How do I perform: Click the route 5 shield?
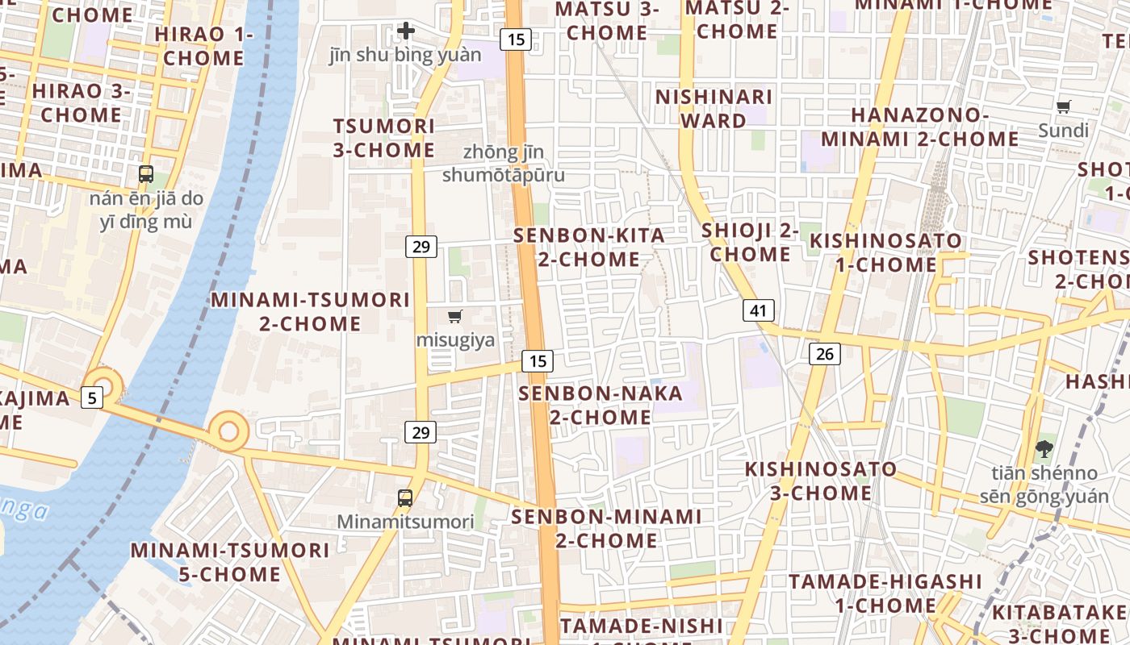pyautogui.click(x=92, y=397)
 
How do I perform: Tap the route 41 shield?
pyautogui.click(x=758, y=310)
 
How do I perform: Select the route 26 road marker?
pyautogui.click(x=824, y=353)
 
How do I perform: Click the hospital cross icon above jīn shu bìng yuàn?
pyautogui.click(x=405, y=31)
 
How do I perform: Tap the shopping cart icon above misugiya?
pyautogui.click(x=455, y=317)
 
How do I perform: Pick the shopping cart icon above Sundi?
pyautogui.click(x=1064, y=107)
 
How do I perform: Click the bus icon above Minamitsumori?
pyautogui.click(x=405, y=498)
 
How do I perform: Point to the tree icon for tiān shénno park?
pyautogui.click(x=1044, y=449)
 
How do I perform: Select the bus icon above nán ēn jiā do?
pyautogui.click(x=146, y=173)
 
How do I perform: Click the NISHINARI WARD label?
pyautogui.click(x=714, y=109)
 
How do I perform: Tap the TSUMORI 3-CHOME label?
pyautogui.click(x=384, y=138)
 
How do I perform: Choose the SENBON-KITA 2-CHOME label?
pyautogui.click(x=589, y=248)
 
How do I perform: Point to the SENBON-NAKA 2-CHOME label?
pyautogui.click(x=601, y=405)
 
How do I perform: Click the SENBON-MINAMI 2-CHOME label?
pyautogui.click(x=606, y=528)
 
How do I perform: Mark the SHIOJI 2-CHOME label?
pyautogui.click(x=750, y=242)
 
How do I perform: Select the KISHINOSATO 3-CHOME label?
pyautogui.click(x=820, y=481)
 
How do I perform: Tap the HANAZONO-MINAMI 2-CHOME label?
pyautogui.click(x=934, y=127)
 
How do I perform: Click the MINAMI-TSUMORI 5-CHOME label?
pyautogui.click(x=230, y=562)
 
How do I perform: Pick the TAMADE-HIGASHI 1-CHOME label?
pyautogui.click(x=885, y=593)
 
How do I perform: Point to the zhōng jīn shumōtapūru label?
pyautogui.click(x=504, y=164)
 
